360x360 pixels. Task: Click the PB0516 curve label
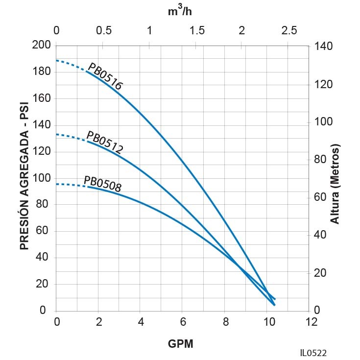(x=105, y=77)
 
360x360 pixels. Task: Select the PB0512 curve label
(x=104, y=143)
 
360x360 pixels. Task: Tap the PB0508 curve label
(x=102, y=183)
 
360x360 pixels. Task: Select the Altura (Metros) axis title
(x=335, y=184)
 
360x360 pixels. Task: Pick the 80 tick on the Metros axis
(x=319, y=159)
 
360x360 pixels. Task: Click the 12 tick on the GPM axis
(x=310, y=322)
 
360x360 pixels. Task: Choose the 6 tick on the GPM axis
(x=182, y=322)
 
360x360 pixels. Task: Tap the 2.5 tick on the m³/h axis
(x=289, y=30)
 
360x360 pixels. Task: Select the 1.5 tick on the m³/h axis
(x=197, y=30)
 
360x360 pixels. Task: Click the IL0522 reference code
(x=314, y=353)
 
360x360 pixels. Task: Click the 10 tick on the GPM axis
(x=267, y=322)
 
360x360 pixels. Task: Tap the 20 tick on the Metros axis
(x=319, y=273)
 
